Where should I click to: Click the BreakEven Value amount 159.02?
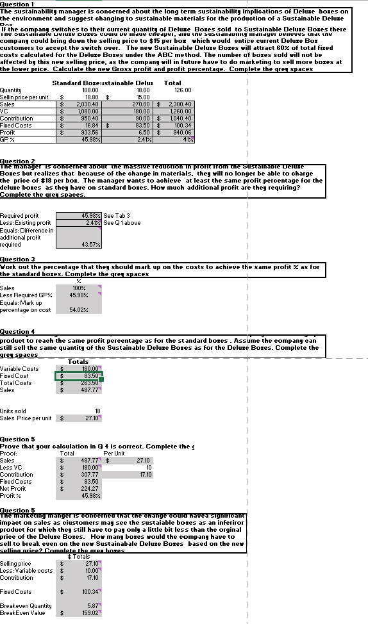pyautogui.click(x=90, y=612)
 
